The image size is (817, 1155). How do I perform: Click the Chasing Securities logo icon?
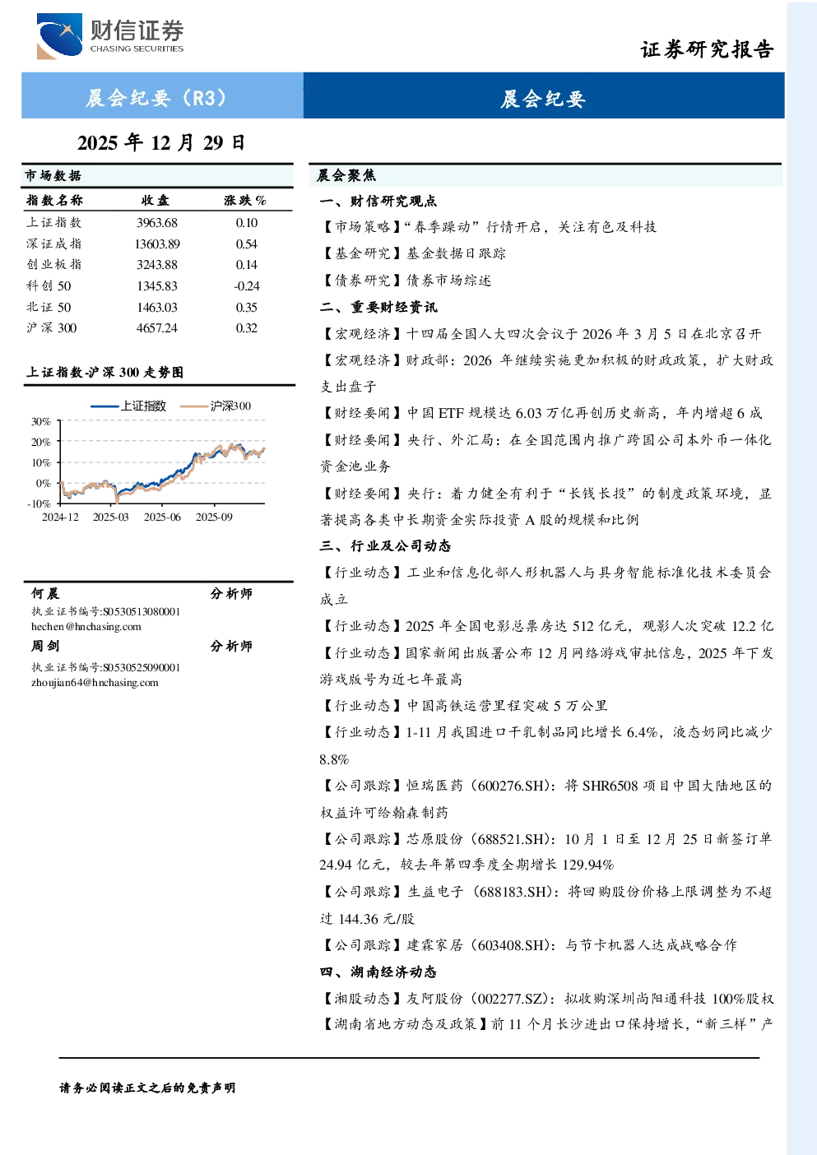(59, 35)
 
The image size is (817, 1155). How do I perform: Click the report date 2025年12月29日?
(161, 143)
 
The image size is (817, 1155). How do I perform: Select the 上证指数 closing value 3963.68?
(157, 223)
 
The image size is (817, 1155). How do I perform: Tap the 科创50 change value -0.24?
(247, 286)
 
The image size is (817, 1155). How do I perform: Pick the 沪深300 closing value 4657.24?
(157, 328)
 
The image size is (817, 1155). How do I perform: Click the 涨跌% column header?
(245, 201)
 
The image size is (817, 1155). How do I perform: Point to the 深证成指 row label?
(54, 244)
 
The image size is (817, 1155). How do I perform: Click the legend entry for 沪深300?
(216, 406)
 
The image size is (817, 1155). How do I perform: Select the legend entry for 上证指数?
(128, 406)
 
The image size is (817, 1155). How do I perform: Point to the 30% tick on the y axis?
(41, 422)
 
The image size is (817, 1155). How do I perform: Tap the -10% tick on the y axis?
(39, 503)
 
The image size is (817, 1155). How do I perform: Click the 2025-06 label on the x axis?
(162, 517)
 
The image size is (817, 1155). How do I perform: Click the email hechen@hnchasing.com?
(86, 627)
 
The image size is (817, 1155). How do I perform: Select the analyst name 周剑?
(45, 646)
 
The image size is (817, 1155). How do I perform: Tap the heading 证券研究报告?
(707, 49)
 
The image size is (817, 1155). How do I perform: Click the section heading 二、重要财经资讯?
(378, 308)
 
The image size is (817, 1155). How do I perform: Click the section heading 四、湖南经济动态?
(378, 972)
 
